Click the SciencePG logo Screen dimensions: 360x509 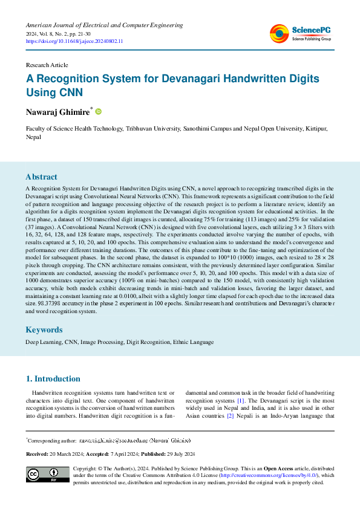coord(300,33)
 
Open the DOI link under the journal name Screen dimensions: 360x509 coord(74,41)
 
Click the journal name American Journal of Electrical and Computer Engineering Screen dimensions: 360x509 coord(104,25)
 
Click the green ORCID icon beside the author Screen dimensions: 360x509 coord(99,111)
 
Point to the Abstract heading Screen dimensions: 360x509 coord(42,177)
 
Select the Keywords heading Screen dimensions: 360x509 coord(44,330)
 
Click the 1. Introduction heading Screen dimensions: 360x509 coord(53,379)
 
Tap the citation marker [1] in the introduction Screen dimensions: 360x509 coord(240,401)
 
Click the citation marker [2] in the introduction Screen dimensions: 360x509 coord(230,417)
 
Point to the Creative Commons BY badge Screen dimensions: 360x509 coord(47,475)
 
